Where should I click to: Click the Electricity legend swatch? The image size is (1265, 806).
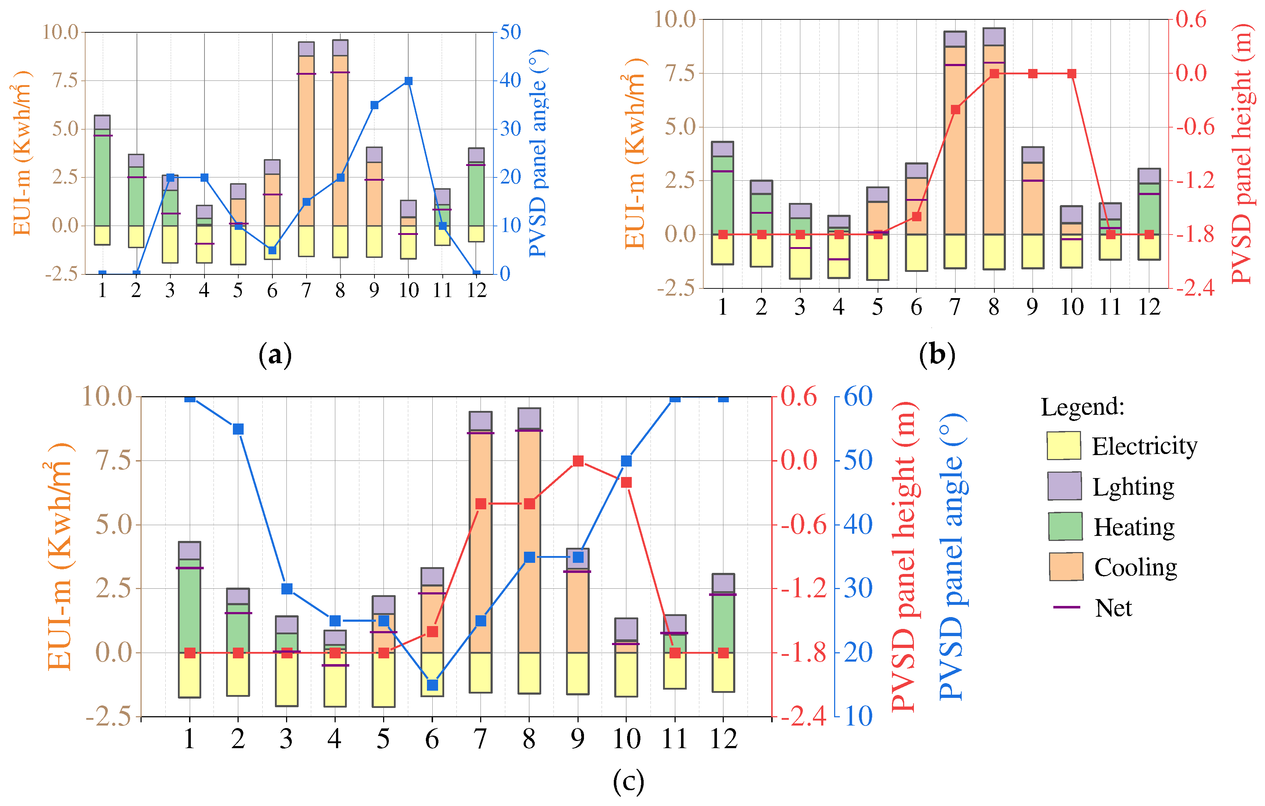[x=1063, y=446]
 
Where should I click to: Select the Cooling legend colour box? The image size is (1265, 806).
[x=1066, y=566]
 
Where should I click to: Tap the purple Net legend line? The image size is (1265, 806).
[x=1066, y=607]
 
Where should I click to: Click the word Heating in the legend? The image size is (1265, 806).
[x=1134, y=527]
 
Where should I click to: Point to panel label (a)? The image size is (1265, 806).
[x=275, y=356]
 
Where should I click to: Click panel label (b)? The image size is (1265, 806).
[x=937, y=356]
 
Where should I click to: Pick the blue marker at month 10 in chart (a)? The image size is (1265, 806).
[x=409, y=81]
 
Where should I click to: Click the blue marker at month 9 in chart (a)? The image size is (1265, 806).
[x=374, y=105]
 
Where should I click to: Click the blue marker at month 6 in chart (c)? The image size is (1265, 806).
[x=432, y=685]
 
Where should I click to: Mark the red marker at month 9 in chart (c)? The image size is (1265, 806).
[x=578, y=461]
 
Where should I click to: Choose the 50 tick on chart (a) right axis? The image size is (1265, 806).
[x=510, y=33]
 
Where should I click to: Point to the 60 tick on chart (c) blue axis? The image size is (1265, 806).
[x=858, y=397]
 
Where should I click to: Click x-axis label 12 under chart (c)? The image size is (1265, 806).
[x=723, y=739]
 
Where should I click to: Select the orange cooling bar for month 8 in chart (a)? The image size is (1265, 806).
[x=340, y=142]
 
